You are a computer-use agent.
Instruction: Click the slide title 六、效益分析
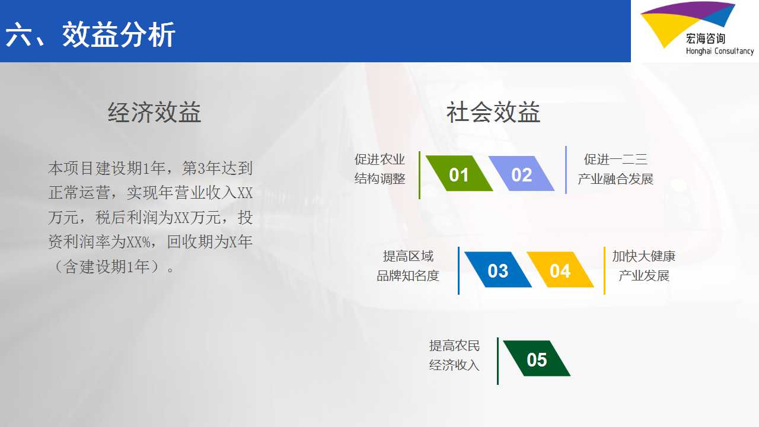pyautogui.click(x=90, y=34)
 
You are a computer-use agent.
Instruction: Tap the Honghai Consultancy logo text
pyautogui.click(x=720, y=51)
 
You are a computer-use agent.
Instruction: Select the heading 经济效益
pyautogui.click(x=155, y=112)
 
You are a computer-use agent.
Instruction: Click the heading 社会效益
pyautogui.click(x=493, y=112)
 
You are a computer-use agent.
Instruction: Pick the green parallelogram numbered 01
pyautogui.click(x=459, y=174)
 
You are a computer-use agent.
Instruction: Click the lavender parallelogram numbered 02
pyautogui.click(x=521, y=174)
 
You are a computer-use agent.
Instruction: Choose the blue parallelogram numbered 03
pyautogui.click(x=498, y=270)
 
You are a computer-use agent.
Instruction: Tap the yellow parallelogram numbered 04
pyautogui.click(x=560, y=270)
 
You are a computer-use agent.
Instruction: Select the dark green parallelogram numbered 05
pyautogui.click(x=537, y=359)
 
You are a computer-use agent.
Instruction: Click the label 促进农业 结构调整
pyautogui.click(x=380, y=169)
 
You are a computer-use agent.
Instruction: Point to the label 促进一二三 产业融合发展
pyautogui.click(x=616, y=169)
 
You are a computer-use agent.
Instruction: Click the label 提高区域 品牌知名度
pyautogui.click(x=408, y=266)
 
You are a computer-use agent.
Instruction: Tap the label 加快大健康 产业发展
pyautogui.click(x=644, y=266)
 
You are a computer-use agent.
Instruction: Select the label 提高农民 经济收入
pyautogui.click(x=454, y=355)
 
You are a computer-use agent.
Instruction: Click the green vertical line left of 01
pyautogui.click(x=419, y=175)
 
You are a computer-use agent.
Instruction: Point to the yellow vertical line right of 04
pyautogui.click(x=604, y=270)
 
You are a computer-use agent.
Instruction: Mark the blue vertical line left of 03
pyautogui.click(x=458, y=270)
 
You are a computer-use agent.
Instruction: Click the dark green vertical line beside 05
pyautogui.click(x=498, y=361)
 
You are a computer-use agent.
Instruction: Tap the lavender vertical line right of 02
pyautogui.click(x=566, y=170)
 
